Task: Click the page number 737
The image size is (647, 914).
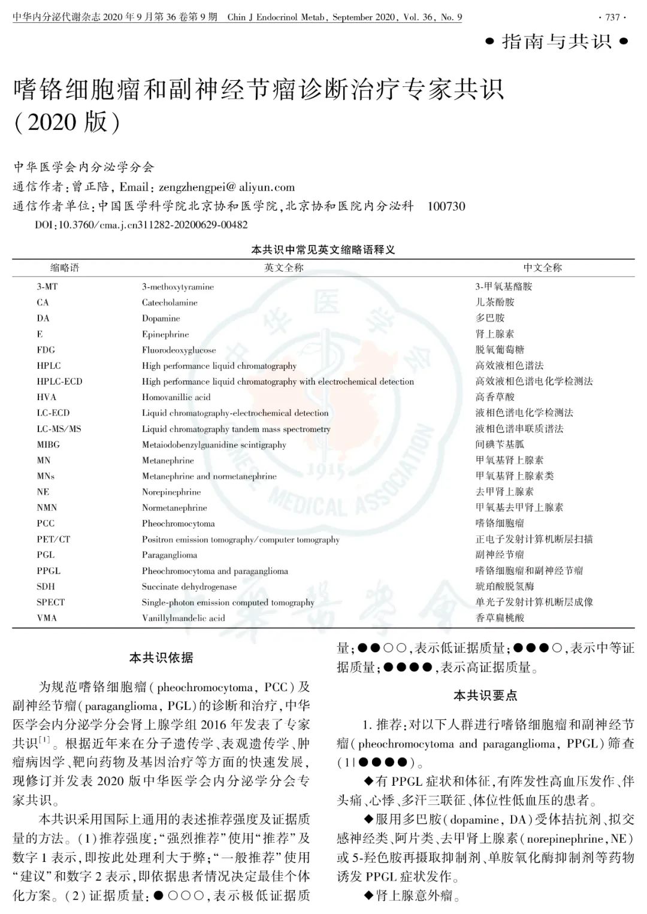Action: click(x=613, y=17)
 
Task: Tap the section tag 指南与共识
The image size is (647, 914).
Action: click(x=557, y=41)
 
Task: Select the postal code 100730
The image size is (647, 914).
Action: click(x=446, y=206)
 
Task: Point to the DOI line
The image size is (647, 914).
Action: click(x=141, y=225)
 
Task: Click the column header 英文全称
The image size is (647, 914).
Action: click(x=284, y=268)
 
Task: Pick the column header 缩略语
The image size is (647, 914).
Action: click(x=65, y=268)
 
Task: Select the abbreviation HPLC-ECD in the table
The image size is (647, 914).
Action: click(x=59, y=382)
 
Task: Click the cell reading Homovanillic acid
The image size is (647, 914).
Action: click(x=176, y=397)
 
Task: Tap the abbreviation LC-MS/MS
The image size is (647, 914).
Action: click(x=59, y=429)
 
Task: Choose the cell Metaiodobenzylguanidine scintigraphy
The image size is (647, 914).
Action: click(x=214, y=445)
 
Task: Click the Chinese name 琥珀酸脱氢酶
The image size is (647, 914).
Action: click(x=504, y=586)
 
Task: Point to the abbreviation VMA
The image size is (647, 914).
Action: click(x=47, y=618)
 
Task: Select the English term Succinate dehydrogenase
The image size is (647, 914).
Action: click(x=189, y=587)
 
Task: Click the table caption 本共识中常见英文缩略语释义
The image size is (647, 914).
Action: click(x=323, y=250)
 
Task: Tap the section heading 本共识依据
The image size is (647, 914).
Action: click(x=161, y=658)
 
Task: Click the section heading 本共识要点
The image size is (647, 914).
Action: click(x=485, y=695)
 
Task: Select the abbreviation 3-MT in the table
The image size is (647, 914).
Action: click(x=47, y=287)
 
